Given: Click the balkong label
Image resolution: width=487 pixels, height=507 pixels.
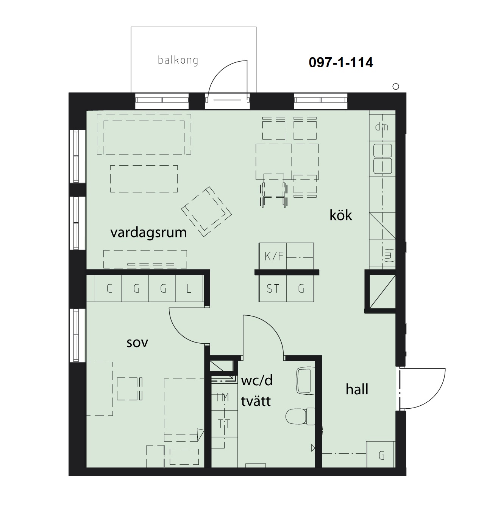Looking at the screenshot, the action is pyautogui.click(x=178, y=60).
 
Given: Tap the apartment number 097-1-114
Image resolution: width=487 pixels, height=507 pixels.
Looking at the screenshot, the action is pyautogui.click(x=341, y=63).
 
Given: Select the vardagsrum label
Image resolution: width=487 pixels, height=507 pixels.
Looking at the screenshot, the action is pyautogui.click(x=148, y=233).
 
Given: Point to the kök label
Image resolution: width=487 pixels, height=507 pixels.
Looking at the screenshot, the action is pyautogui.click(x=340, y=215).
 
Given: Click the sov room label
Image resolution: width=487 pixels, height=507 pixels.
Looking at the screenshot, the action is pyautogui.click(x=137, y=343).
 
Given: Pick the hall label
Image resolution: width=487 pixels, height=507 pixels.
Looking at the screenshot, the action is pyautogui.click(x=357, y=389).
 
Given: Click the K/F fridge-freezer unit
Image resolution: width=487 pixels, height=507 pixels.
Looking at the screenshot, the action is pyautogui.click(x=273, y=256).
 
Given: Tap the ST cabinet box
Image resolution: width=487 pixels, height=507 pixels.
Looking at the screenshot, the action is pyautogui.click(x=273, y=288).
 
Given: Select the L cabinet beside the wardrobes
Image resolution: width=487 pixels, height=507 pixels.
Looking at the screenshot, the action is pyautogui.click(x=189, y=289).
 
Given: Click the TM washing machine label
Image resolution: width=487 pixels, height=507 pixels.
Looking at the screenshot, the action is pyautogui.click(x=222, y=397).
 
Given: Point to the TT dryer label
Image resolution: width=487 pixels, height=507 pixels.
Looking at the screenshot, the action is pyautogui.click(x=224, y=424).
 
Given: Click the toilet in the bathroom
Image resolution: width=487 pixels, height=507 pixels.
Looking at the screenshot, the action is pyautogui.click(x=300, y=416).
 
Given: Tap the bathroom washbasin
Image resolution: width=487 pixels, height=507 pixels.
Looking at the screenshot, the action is pyautogui.click(x=305, y=380).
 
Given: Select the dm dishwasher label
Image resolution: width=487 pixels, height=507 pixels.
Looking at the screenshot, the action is pyautogui.click(x=381, y=127).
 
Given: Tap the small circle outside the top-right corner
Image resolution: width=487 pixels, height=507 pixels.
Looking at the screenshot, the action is pyautogui.click(x=396, y=87).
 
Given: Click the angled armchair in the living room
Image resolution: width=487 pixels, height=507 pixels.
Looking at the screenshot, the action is pyautogui.click(x=206, y=212).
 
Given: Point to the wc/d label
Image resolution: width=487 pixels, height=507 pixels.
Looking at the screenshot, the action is pyautogui.click(x=257, y=381).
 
